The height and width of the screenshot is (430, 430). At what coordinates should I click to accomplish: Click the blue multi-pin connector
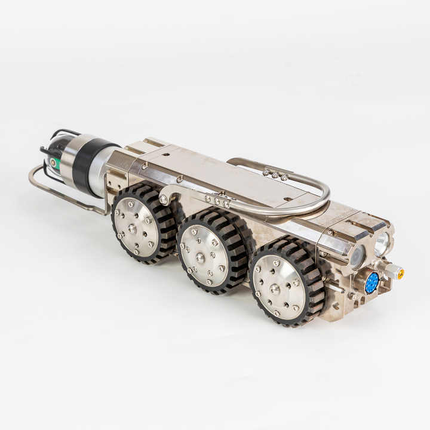(x=371, y=282)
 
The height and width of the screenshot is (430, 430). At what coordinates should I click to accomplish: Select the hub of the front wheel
(x=275, y=289)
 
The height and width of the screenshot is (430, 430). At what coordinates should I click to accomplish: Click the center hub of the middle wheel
(x=201, y=257)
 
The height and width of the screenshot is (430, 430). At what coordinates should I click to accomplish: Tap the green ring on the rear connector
(x=53, y=162)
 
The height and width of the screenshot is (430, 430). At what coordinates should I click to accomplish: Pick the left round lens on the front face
(x=358, y=256)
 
